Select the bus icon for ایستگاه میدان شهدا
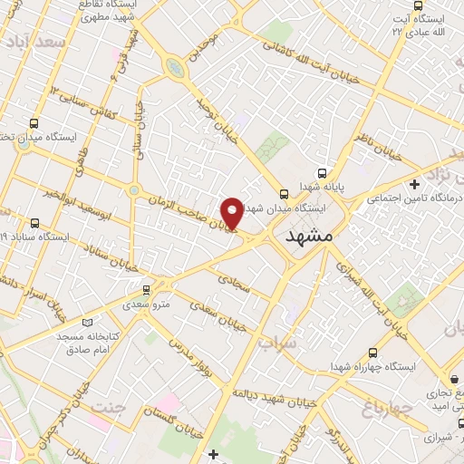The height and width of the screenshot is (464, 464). (x=285, y=194)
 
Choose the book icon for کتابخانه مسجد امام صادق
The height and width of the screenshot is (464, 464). (x=87, y=323)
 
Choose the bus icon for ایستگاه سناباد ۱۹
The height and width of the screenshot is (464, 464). (x=34, y=223)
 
